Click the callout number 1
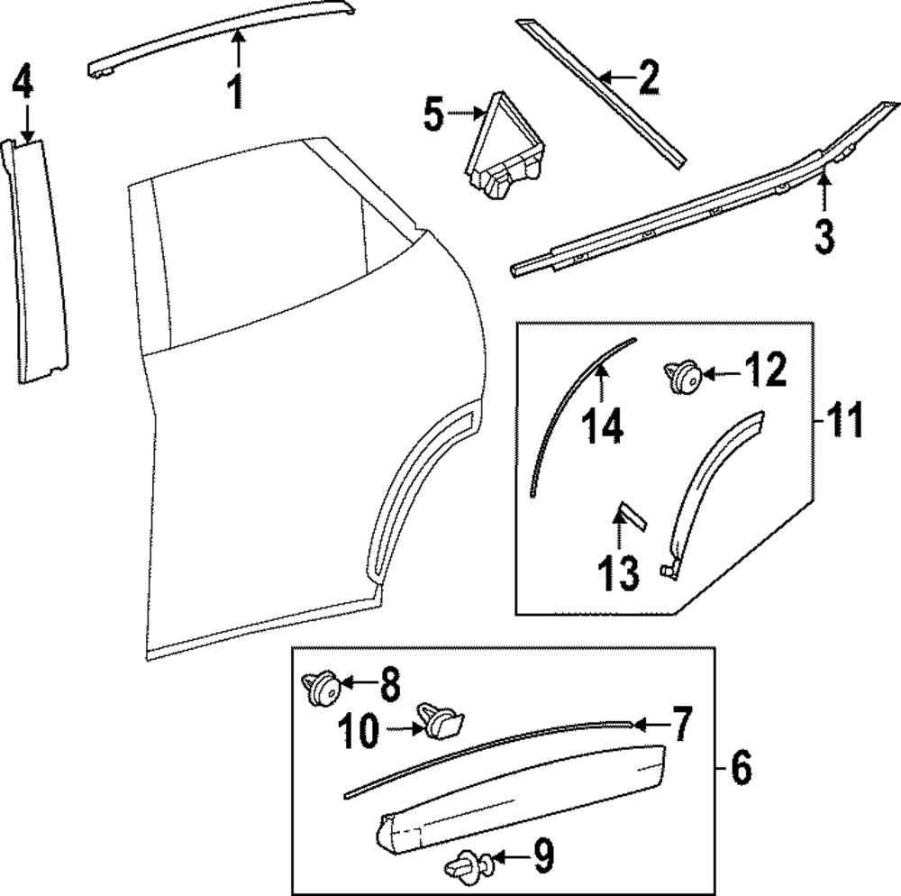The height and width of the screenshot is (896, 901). point(235,92)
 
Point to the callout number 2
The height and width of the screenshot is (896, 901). point(648,79)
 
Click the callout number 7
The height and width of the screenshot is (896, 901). point(680,724)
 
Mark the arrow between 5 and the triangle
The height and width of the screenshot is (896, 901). point(468,114)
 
